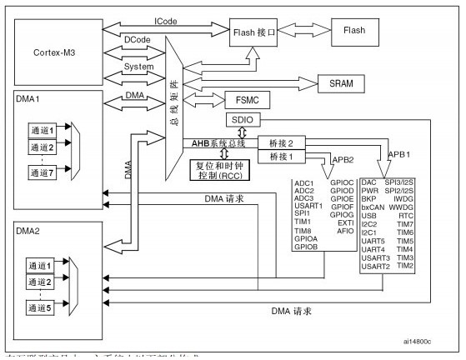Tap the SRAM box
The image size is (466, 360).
point(343,82)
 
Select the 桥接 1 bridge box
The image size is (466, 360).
point(279,157)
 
